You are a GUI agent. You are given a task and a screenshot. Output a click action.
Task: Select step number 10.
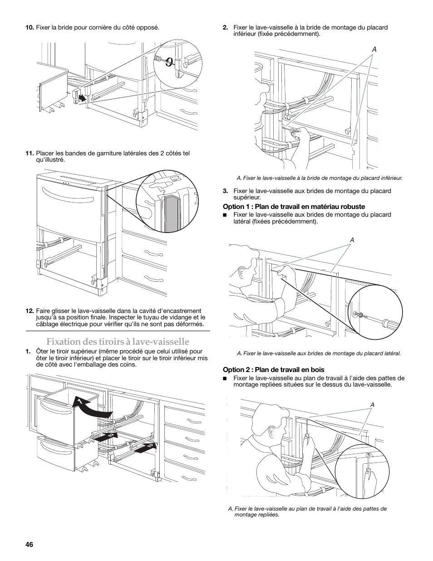point(30,27)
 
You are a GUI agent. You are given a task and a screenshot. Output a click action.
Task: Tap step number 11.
point(30,153)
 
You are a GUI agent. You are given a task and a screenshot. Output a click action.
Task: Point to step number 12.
point(30,311)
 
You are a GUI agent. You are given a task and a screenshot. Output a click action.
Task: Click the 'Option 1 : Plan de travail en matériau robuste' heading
point(294,207)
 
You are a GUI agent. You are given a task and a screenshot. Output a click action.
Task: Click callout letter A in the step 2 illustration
point(375,50)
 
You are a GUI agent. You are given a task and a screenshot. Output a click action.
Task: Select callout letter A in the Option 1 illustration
point(351,240)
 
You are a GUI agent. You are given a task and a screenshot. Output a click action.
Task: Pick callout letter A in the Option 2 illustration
point(372,404)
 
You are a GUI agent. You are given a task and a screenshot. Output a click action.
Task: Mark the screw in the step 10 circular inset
point(169,61)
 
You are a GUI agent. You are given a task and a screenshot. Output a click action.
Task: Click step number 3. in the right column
point(225,191)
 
